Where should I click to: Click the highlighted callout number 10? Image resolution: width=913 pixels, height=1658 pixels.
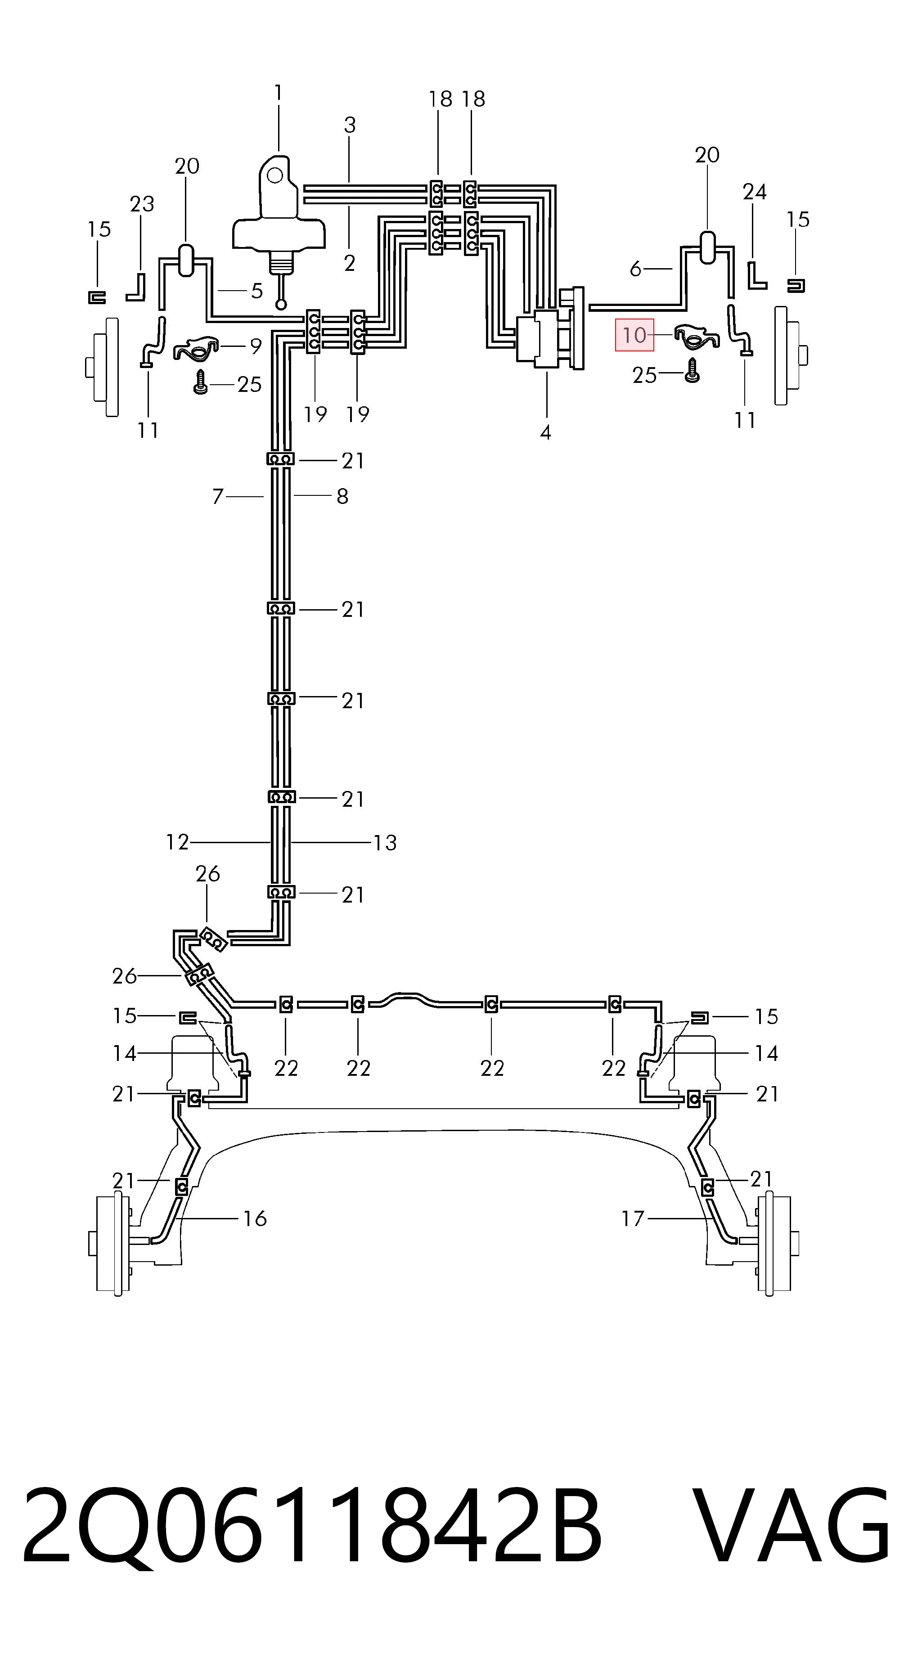coord(634,335)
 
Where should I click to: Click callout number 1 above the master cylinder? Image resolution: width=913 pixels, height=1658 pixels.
coord(278,93)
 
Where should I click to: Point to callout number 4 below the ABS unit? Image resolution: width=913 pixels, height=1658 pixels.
coord(545,432)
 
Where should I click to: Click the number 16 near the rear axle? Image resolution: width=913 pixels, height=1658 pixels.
coord(255,1218)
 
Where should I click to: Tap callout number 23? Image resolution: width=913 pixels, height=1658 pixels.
coord(142,204)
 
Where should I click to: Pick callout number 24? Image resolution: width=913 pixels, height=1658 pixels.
coord(755,192)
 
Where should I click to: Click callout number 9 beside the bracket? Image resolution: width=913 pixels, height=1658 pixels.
coord(256,346)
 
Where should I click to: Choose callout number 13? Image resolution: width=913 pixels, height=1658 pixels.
coord(385,843)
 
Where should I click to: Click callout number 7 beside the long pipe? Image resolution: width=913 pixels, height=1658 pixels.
coord(218,496)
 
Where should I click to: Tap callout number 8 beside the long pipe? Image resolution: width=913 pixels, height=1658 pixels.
coord(342,496)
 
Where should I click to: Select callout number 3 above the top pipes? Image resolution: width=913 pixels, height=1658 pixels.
coord(350,125)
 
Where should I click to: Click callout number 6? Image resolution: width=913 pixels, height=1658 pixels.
coord(635,269)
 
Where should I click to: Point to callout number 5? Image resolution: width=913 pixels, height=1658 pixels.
coord(257,291)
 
